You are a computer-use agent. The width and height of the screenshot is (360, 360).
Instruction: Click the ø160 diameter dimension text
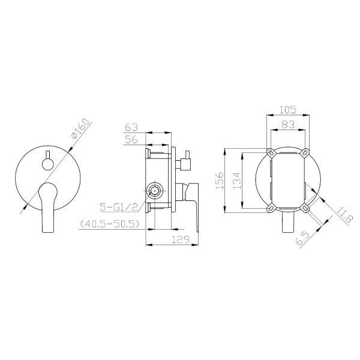[x=79, y=130]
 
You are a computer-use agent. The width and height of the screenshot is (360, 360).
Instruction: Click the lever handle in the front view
[x=46, y=207]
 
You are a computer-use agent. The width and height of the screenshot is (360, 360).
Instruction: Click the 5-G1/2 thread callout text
[x=121, y=208]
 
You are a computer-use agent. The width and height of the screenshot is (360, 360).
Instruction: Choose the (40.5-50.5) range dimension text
[x=110, y=224]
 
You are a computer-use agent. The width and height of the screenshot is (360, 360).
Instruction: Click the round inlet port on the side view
[x=154, y=192]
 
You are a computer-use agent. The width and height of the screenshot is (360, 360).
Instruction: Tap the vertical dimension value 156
[x=220, y=180]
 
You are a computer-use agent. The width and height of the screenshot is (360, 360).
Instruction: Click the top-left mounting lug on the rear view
[x=271, y=151]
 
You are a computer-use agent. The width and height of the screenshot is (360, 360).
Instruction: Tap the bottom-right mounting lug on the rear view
[x=307, y=208]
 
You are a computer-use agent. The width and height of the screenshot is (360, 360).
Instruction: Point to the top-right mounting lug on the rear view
[x=307, y=151]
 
